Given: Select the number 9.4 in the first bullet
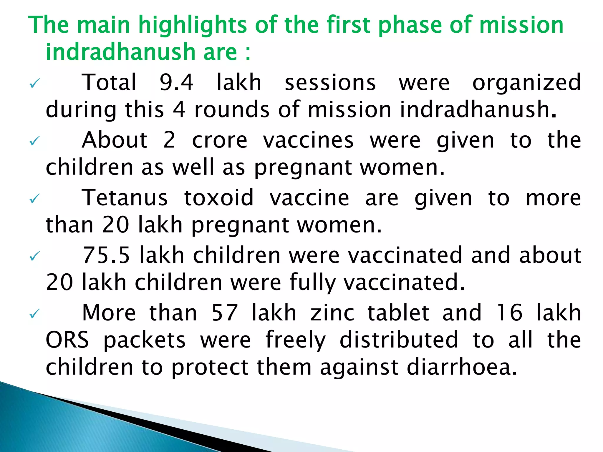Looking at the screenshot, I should [176, 82].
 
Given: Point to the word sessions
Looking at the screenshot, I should [330, 83].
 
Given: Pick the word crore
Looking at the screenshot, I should [220, 140].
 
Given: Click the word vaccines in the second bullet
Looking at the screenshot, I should [308, 140].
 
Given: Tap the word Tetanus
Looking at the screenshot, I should [125, 198].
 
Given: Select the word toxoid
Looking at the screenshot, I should [219, 198].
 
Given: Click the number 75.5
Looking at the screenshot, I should [106, 255].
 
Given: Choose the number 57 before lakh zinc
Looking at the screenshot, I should [225, 313].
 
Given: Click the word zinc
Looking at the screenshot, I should [332, 313].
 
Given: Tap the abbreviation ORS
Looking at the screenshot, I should [67, 340].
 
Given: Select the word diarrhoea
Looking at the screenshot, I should [462, 368].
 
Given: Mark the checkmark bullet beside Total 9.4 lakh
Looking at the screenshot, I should [35, 84].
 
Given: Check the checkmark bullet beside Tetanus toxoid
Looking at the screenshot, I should [35, 200].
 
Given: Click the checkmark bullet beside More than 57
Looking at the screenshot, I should [35, 314].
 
